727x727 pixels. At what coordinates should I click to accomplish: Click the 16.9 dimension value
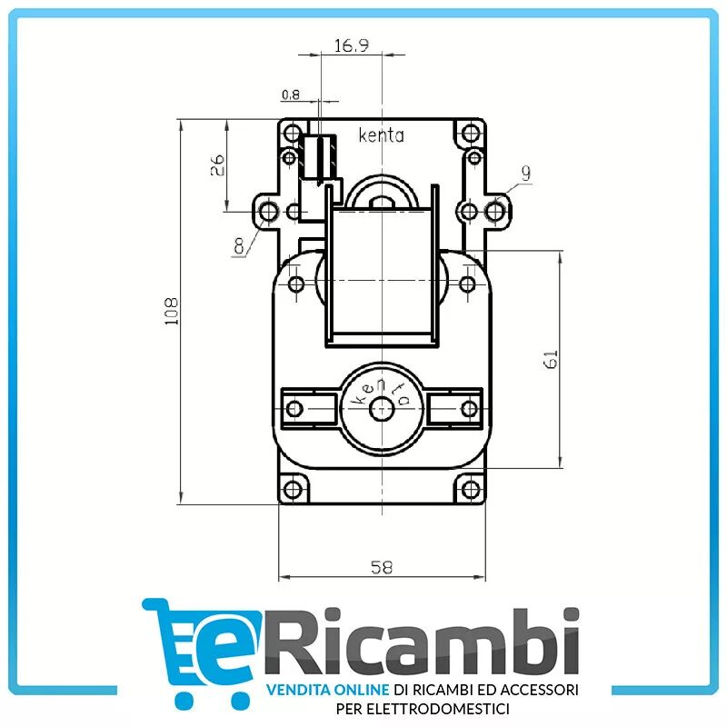coord(351,46)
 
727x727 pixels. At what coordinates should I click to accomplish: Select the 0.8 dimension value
coord(291,94)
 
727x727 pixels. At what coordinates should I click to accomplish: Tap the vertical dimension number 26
coord(217,165)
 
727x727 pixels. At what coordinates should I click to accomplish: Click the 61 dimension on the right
coord(550,358)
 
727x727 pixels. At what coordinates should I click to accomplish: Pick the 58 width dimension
coord(382,567)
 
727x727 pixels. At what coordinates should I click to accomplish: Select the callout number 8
coord(239,245)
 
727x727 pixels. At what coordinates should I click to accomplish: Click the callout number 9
coord(525,173)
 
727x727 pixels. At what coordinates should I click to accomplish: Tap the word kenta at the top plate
coord(382,137)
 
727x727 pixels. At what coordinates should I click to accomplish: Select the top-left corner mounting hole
coord(292,134)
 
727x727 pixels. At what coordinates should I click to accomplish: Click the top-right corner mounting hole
coord(470,134)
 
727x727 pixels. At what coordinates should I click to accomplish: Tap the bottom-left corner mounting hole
coord(292,489)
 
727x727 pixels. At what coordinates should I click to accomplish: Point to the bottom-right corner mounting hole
coord(470,489)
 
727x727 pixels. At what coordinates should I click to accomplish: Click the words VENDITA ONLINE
coord(327,691)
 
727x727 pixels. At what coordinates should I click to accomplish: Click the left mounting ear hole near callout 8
coord(268,212)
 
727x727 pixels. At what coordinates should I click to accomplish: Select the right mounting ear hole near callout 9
coord(494,212)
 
